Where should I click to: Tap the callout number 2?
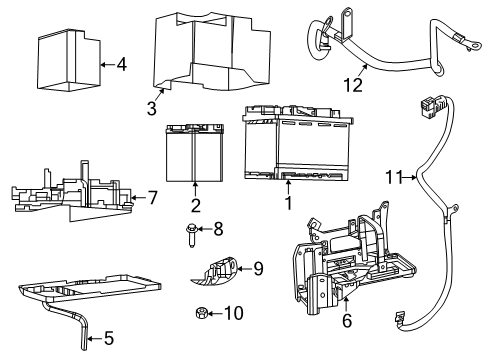(195, 205)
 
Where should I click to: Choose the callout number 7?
(152, 198)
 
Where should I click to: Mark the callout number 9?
(257, 268)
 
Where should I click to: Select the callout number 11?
(394, 178)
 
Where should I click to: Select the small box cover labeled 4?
(66, 65)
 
